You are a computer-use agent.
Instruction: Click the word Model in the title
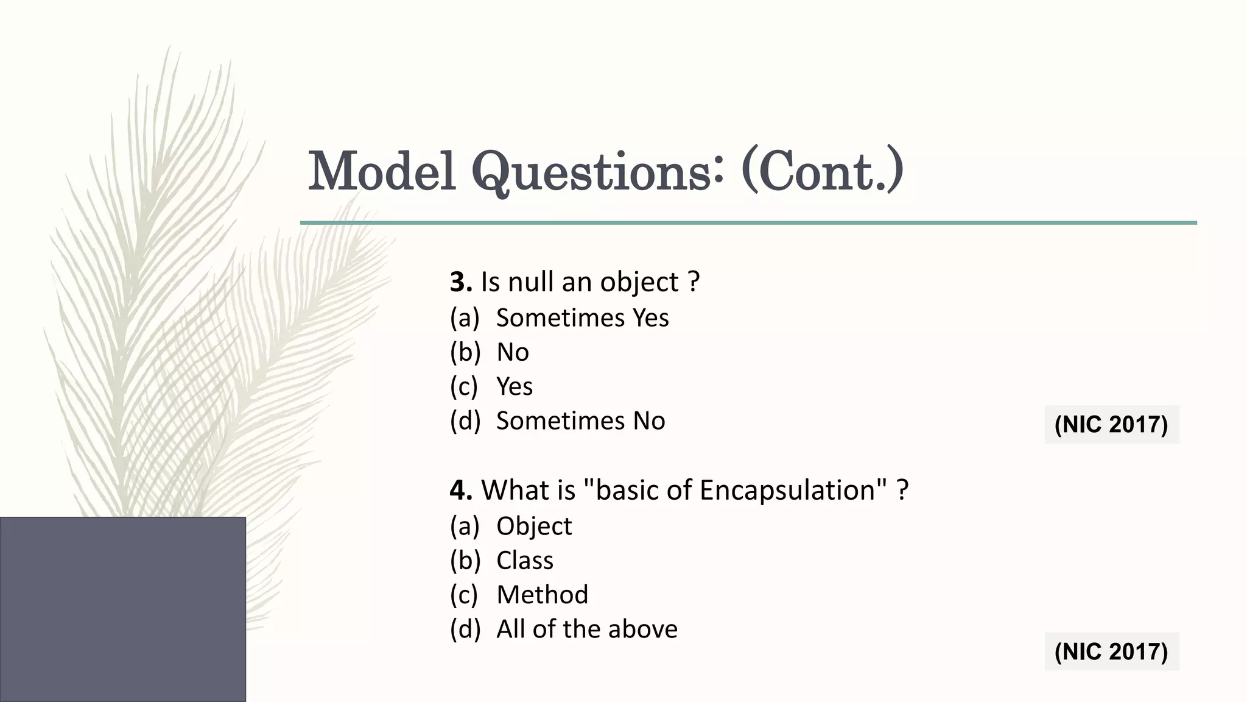pos(382,171)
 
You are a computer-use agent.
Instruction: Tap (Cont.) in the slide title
pos(822,171)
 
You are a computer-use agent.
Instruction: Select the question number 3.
pos(461,282)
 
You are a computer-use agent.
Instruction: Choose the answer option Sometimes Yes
pos(582,318)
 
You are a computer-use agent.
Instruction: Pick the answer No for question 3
pos(513,352)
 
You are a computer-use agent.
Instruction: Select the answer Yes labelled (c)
pos(515,386)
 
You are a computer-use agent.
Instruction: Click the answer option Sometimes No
pos(580,421)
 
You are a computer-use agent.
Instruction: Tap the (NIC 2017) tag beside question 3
pos(1111,424)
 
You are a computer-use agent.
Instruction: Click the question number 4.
pos(461,490)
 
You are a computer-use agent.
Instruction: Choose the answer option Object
pos(534,526)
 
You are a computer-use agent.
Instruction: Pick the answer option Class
pos(525,561)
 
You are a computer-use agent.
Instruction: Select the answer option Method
pos(542,595)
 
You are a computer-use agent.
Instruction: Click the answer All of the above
pos(586,629)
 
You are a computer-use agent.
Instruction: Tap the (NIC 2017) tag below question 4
pos(1111,651)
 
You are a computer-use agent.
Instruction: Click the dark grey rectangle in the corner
pos(122,609)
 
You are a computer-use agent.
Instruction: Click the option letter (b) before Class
pos(465,561)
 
